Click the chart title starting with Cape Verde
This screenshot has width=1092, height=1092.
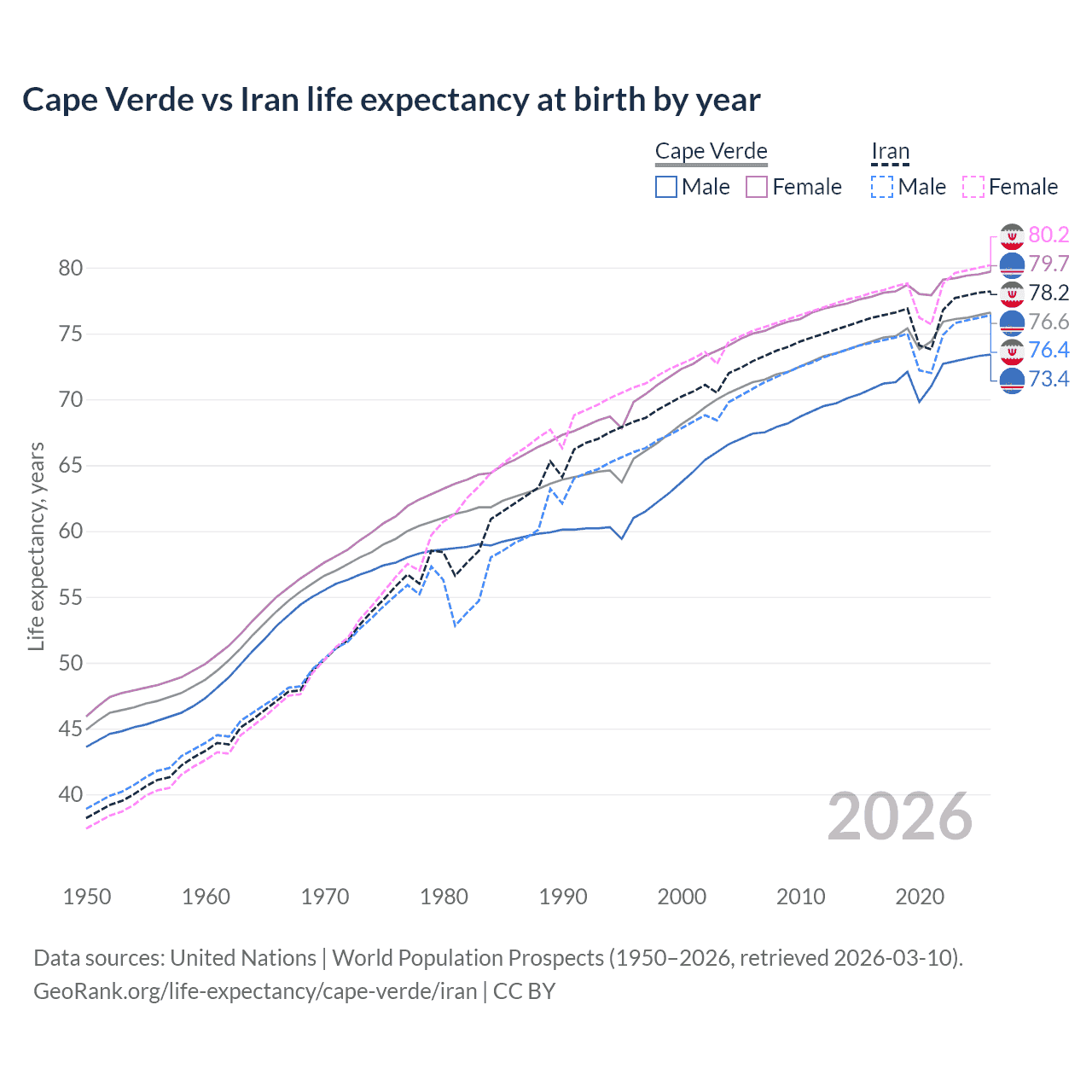[391, 100]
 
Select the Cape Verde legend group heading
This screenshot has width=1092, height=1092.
[711, 151]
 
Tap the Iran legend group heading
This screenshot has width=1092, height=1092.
[890, 151]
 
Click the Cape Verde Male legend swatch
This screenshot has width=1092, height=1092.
[666, 187]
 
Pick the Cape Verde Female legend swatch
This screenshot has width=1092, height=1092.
[757, 187]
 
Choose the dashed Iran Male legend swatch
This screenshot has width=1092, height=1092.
[882, 187]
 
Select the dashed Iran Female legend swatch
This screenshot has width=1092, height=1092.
[973, 187]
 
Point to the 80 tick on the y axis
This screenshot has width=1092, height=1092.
[71, 268]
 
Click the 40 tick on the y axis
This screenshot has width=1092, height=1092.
[71, 794]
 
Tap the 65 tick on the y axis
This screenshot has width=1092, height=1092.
[71, 466]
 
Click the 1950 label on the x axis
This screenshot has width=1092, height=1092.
[87, 897]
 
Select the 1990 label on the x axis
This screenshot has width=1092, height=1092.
[563, 897]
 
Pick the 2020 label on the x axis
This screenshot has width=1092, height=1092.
[920, 897]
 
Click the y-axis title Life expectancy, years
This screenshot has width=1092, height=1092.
[36, 546]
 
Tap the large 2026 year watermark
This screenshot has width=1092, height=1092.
[899, 816]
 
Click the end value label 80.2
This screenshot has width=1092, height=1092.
[1048, 235]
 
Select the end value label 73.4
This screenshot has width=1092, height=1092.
[1048, 379]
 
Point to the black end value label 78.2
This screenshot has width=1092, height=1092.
[1048, 293]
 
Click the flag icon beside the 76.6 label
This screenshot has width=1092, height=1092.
[1012, 322]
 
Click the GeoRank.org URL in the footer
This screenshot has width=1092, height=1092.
[255, 991]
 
